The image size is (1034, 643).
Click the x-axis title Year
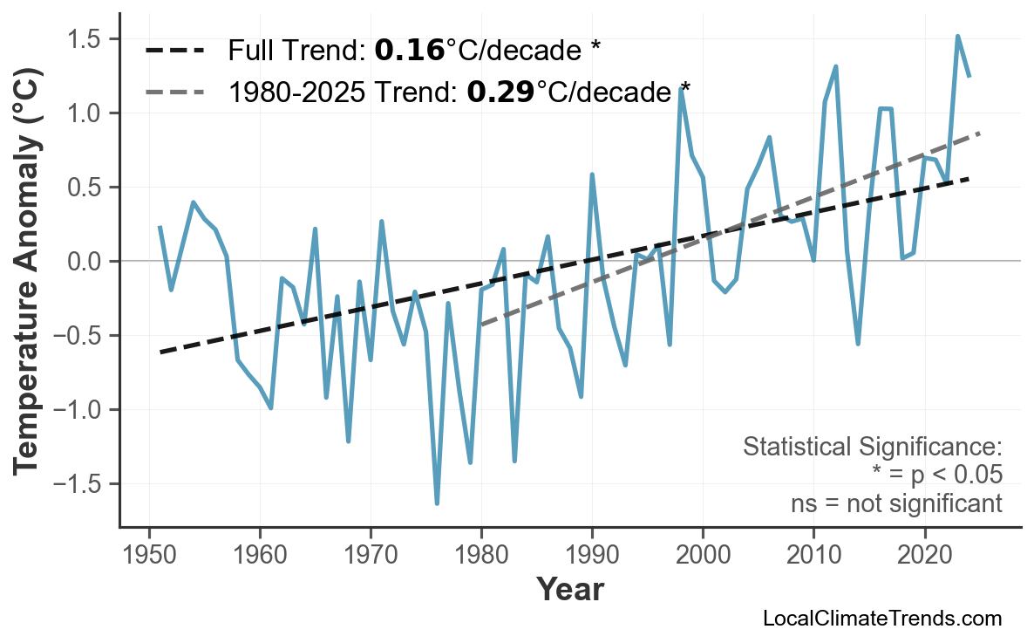pyautogui.click(x=569, y=590)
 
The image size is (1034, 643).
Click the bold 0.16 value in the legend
pyautogui.click(x=410, y=51)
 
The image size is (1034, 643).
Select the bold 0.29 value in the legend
pyautogui.click(x=500, y=91)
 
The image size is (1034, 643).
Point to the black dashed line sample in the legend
pyautogui.click(x=174, y=51)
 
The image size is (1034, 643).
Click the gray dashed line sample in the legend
pyautogui.click(x=174, y=91)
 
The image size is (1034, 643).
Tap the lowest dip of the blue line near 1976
pyautogui.click(x=437, y=503)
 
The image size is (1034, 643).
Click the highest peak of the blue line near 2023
pyautogui.click(x=957, y=37)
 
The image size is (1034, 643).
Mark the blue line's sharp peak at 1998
pyautogui.click(x=681, y=89)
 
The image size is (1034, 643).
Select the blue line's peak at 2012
pyautogui.click(x=835, y=66)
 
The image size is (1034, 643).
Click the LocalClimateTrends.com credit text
pyautogui.click(x=881, y=619)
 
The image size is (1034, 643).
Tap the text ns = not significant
pyautogui.click(x=895, y=503)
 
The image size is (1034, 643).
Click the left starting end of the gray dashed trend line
pyautogui.click(x=481, y=325)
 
